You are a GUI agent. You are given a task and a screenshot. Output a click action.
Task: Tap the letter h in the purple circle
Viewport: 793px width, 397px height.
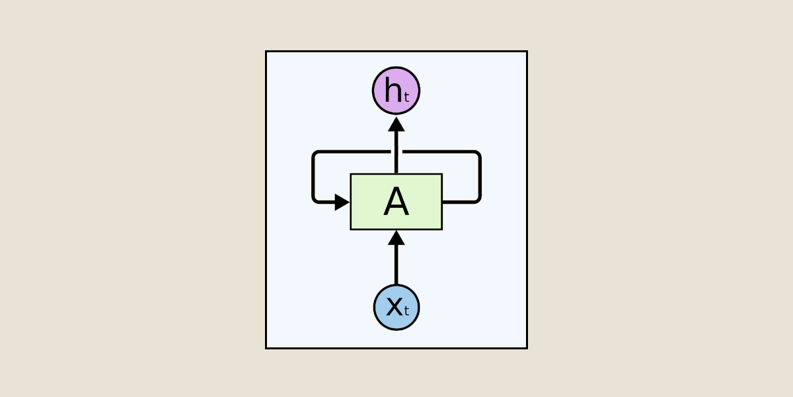393,91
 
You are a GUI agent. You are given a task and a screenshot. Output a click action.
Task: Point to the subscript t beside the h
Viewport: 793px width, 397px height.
407,97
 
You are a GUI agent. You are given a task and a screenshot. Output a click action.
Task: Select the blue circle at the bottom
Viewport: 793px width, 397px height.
396,307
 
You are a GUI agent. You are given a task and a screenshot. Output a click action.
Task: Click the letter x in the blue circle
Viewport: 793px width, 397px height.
393,306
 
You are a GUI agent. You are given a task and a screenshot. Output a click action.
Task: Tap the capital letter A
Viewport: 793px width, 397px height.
396,202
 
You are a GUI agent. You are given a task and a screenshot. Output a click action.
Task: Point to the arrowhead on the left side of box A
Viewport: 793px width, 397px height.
342,202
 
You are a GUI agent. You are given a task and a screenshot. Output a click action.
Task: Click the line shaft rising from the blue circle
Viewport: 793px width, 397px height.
396,265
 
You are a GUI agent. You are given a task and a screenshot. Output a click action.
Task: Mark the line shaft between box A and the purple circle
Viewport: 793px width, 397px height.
396,152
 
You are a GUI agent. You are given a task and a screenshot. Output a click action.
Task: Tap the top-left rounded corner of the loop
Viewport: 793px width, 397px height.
316,155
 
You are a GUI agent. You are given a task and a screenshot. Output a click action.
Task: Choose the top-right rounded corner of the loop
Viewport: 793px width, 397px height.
476,155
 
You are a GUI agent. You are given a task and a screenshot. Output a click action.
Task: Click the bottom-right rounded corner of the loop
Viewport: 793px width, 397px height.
476,198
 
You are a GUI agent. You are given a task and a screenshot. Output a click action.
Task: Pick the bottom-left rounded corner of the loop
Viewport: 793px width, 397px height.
316,198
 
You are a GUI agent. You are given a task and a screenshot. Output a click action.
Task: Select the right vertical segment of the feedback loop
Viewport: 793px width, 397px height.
479,177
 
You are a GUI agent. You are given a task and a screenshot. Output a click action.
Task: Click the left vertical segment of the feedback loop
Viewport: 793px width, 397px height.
313,177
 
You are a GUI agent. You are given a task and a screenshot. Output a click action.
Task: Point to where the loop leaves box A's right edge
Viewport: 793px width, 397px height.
444,201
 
